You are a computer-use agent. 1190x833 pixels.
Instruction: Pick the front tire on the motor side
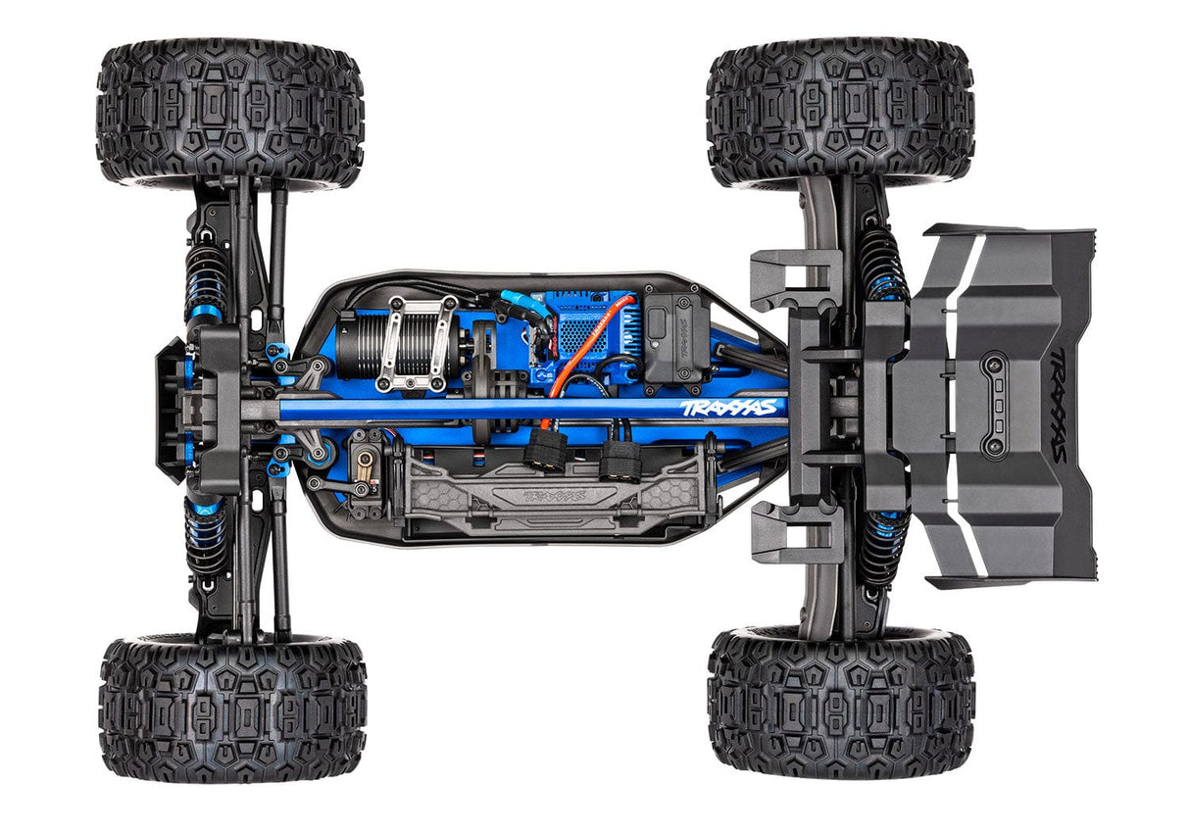[230, 113]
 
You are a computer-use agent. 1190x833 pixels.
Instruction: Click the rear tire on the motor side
[840, 113]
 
